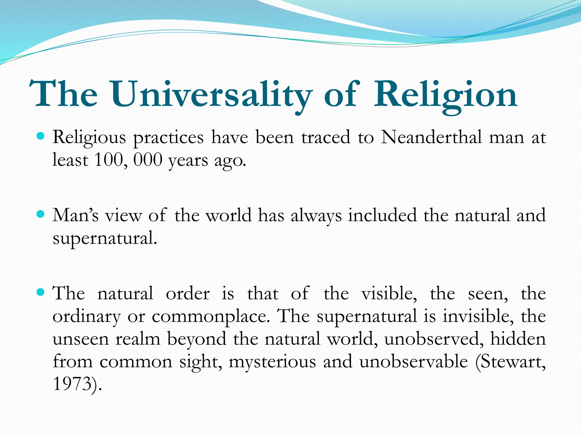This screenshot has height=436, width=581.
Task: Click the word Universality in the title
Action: (211, 94)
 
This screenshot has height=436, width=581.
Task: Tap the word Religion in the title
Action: (445, 94)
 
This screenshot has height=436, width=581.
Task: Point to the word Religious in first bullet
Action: (89, 138)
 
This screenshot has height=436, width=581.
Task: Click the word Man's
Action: (75, 215)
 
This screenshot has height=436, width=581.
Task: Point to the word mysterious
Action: (272, 362)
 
